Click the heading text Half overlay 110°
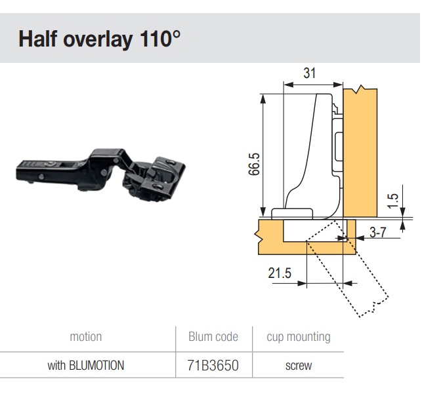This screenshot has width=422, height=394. pyautogui.click(x=99, y=39)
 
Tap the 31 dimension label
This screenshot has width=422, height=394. pyautogui.click(x=309, y=73)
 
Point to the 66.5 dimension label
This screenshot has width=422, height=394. pyautogui.click(x=254, y=164)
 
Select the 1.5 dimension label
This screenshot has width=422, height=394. pyautogui.click(x=393, y=201)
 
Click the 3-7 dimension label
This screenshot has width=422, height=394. pyautogui.click(x=378, y=232)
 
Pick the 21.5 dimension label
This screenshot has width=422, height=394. pyautogui.click(x=280, y=273)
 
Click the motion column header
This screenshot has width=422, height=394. pyautogui.click(x=86, y=336)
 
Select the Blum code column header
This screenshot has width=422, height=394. pyautogui.click(x=213, y=336)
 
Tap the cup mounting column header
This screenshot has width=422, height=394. pyautogui.click(x=299, y=337)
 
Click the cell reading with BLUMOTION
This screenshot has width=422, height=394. pyautogui.click(x=86, y=366)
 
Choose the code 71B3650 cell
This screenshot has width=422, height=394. pyautogui.click(x=213, y=366)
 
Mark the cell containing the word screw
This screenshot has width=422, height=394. pyautogui.click(x=299, y=366)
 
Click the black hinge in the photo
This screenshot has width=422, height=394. pyautogui.click(x=100, y=174)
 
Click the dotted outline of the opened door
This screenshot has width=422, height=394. pyautogui.click(x=347, y=268)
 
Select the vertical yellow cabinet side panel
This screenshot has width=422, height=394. pyautogui.click(x=360, y=152)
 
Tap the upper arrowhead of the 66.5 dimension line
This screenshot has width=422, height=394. pyautogui.click(x=263, y=98)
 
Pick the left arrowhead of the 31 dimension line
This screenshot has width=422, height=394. pyautogui.click(x=288, y=85)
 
